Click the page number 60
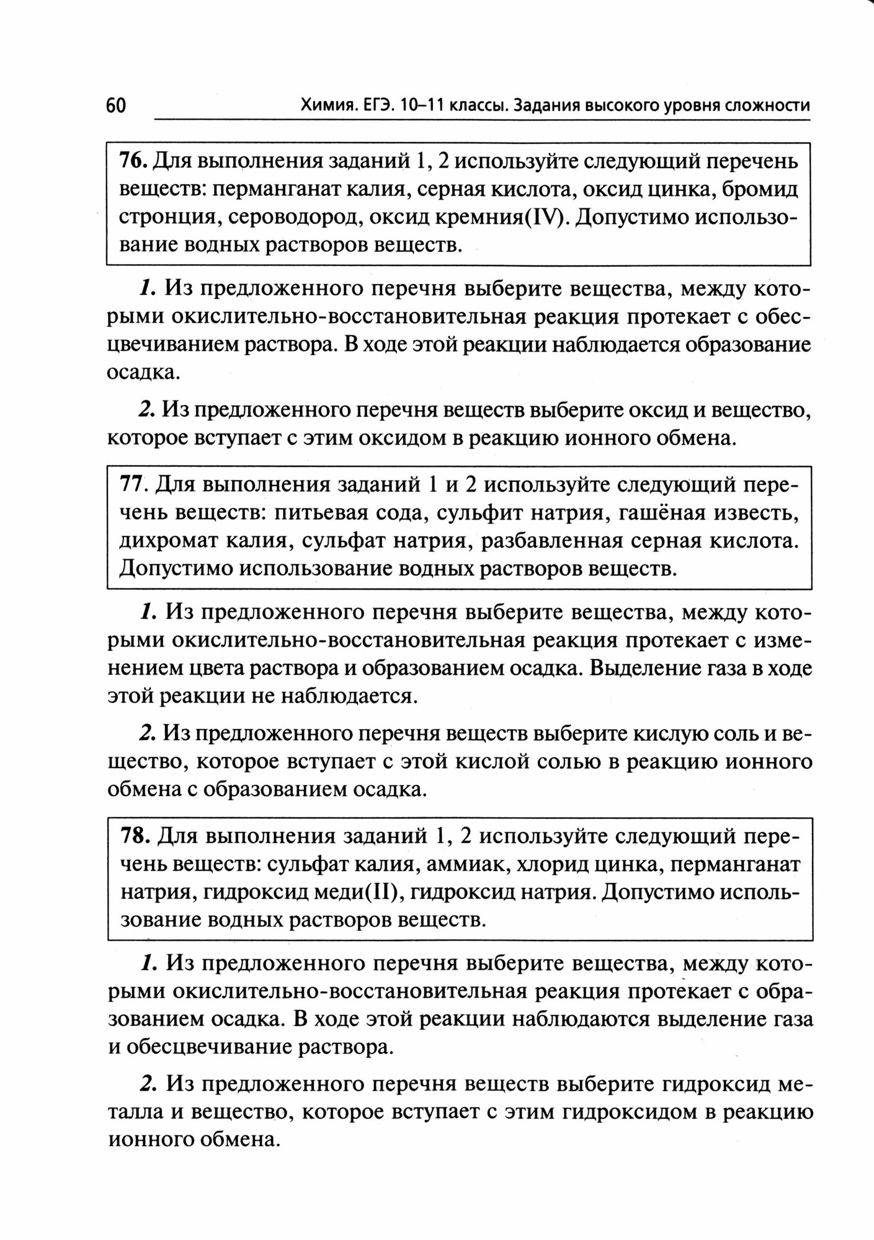pos(115,105)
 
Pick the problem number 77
pos(132,484)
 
